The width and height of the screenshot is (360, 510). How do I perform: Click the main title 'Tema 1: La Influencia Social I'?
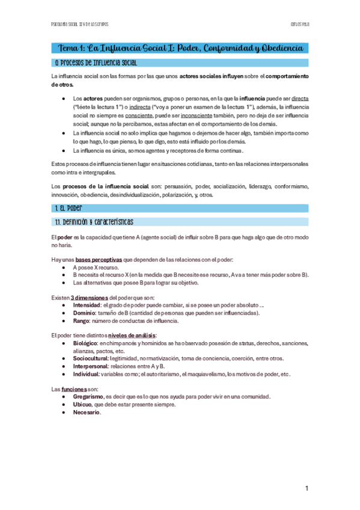coord(180,48)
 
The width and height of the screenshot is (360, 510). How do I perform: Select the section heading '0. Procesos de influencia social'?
coord(96,63)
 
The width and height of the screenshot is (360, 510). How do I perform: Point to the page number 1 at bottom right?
coord(307,489)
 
